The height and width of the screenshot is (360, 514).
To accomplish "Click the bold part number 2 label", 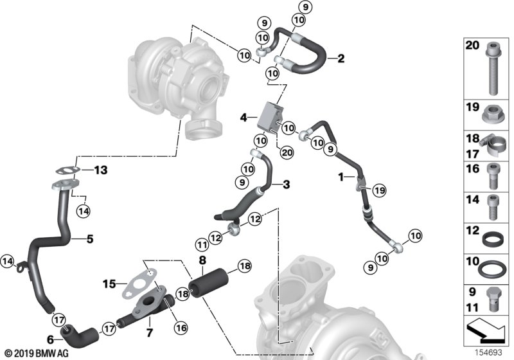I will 341,59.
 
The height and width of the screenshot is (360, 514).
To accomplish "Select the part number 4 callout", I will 244,118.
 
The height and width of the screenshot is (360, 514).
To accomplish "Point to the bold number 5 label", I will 89,239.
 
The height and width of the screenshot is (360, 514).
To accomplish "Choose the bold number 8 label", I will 202,260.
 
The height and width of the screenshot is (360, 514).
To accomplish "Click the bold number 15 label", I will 109,283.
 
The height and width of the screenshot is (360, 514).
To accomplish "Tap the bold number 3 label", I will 286,184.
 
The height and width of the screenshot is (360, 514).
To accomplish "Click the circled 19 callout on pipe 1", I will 380,191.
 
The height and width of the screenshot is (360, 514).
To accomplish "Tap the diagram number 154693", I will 490,352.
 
